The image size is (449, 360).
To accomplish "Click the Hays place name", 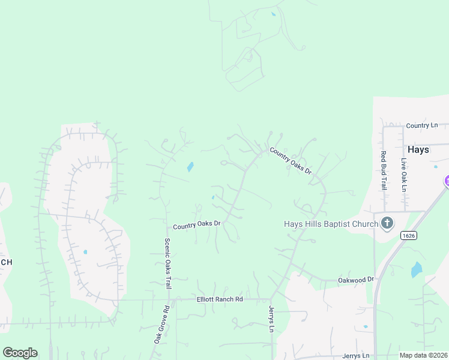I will tap(418, 150).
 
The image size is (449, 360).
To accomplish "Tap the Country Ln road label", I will tap(422, 125).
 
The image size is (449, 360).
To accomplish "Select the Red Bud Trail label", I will tap(383, 170).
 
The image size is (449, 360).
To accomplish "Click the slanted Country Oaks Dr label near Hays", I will tap(291, 161).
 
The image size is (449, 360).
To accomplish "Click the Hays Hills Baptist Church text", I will tap(331, 224).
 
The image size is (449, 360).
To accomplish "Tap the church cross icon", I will tap(387, 224).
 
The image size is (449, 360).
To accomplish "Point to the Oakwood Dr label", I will tap(356, 280).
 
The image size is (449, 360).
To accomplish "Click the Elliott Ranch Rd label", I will tap(220, 299).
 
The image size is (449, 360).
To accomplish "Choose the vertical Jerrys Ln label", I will tap(270, 319).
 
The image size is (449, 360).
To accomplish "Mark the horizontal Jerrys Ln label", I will tap(359, 356).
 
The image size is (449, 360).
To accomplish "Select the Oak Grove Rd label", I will tap(161, 325).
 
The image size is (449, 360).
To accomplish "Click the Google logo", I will tap(20, 353).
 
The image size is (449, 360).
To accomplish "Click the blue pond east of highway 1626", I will tap(416, 270).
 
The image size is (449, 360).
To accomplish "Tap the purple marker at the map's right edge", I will tap(447, 181).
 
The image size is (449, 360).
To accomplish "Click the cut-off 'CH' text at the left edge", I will tap(6, 262).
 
